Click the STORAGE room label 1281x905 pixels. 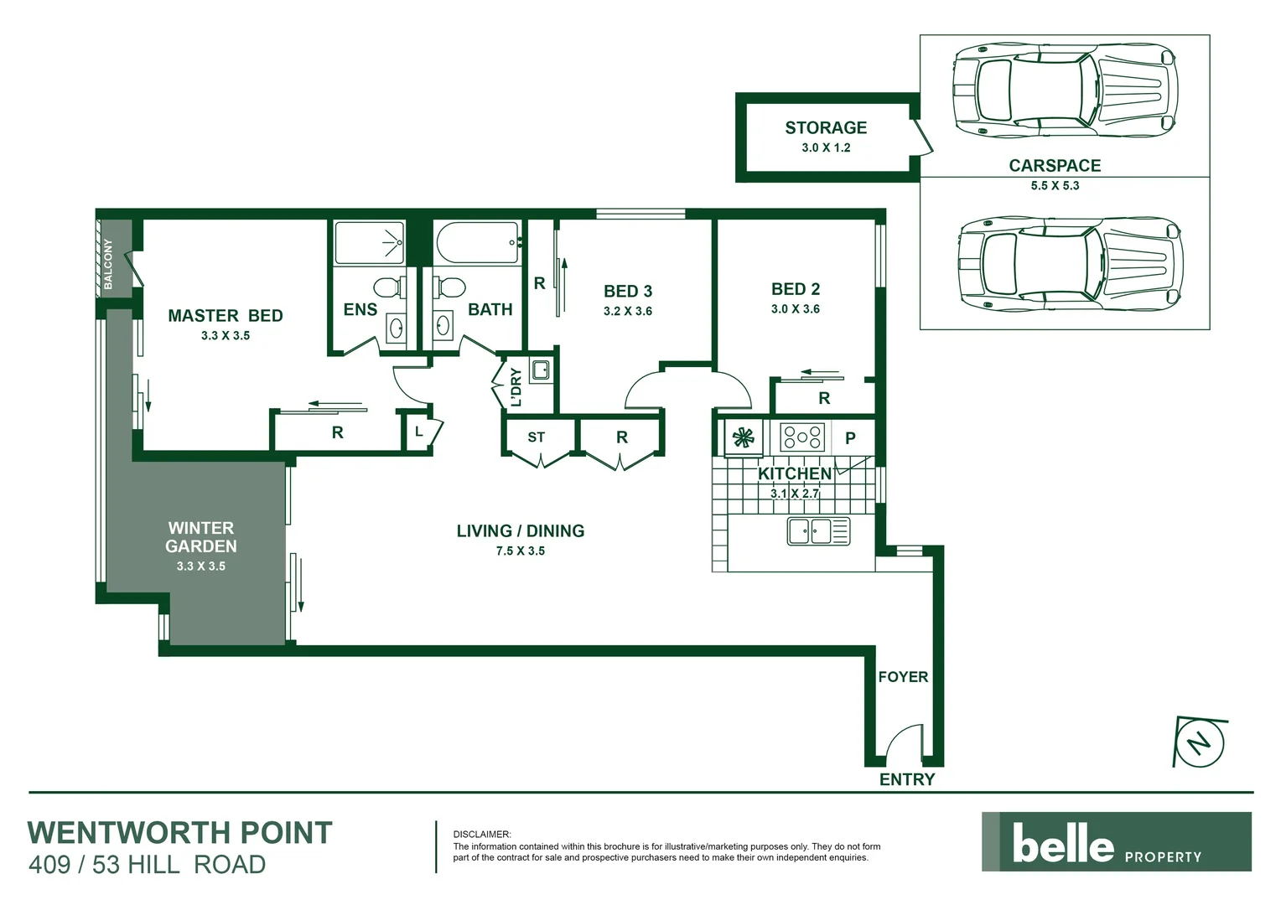(826, 128)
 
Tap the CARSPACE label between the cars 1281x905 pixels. (1055, 166)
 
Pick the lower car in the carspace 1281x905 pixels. (1069, 261)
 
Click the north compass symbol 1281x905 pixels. (1201, 742)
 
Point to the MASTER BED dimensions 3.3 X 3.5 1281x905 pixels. (226, 335)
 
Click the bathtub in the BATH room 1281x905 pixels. (477, 242)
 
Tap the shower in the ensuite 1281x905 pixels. (370, 242)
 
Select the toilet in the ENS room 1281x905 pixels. (387, 287)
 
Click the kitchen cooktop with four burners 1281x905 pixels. (802, 437)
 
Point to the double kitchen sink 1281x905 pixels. (818, 531)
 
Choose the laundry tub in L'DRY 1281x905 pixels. (541, 370)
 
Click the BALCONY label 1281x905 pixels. (108, 265)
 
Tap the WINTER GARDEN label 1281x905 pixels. (201, 537)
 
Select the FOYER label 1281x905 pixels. (903, 676)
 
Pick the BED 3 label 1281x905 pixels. (628, 291)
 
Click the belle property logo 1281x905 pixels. (1116, 842)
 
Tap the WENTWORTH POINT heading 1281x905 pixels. (180, 833)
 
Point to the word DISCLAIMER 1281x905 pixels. (481, 835)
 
